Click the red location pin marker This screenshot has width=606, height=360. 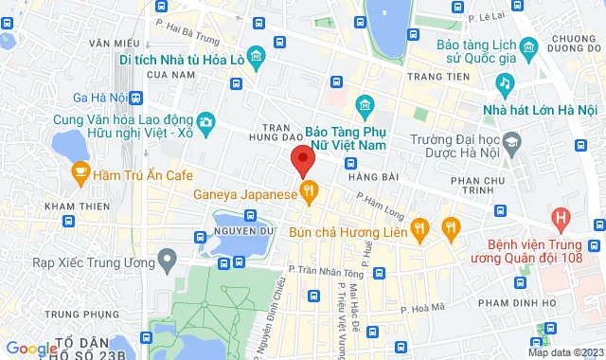pyautogui.click(x=302, y=160)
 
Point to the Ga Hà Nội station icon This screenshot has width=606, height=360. pyautogui.click(x=137, y=98)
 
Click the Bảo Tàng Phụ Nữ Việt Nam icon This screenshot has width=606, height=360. pyautogui.click(x=363, y=104)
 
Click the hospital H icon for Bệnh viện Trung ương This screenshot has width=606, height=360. pyautogui.click(x=562, y=220)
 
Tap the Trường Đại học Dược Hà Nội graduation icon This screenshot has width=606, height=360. pyautogui.click(x=512, y=143)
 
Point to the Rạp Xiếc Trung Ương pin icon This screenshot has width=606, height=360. pyautogui.click(x=168, y=258)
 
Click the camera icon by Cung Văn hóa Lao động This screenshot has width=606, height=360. pyautogui.click(x=205, y=121)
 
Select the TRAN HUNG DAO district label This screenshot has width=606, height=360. pyautogui.click(x=276, y=135)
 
